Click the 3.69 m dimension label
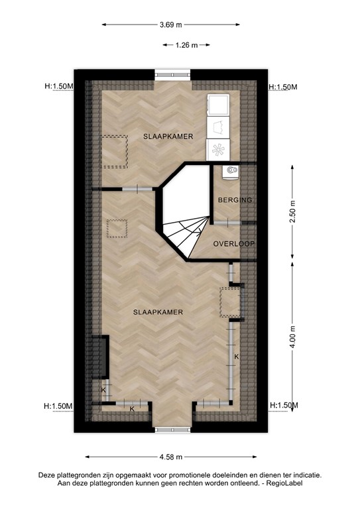170,25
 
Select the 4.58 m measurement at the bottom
170,457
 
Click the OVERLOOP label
234,244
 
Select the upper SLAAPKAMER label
168,137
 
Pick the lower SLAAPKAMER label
157,311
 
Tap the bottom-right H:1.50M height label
284,406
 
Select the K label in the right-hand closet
236,357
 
